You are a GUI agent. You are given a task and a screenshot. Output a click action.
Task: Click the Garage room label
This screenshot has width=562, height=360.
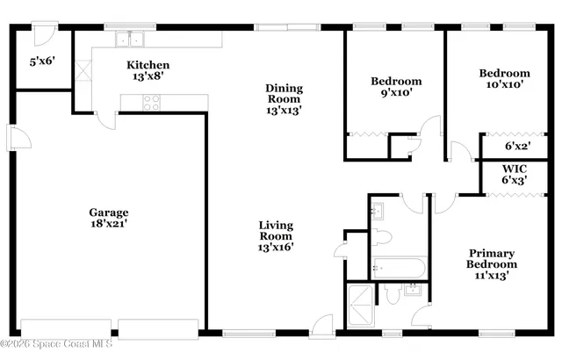tap(109, 212)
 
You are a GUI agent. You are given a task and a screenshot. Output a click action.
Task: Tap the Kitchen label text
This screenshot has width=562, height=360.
tap(148, 65)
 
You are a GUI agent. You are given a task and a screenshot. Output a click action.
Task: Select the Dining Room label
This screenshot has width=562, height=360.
tap(285, 93)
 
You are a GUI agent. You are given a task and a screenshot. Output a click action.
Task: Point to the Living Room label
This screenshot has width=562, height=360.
tap(276, 230)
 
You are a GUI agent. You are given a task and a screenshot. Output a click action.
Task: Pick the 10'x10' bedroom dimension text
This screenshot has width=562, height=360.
tap(504, 84)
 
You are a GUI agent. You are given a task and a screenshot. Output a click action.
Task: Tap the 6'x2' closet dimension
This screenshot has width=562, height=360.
tap(519, 147)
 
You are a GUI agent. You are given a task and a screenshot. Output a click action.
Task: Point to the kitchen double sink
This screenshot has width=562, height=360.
tap(134, 39)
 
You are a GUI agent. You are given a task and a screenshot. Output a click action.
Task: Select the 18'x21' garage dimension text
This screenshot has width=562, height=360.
tap(109, 224)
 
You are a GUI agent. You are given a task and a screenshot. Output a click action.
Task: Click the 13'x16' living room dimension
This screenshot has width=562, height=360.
tap(276, 248)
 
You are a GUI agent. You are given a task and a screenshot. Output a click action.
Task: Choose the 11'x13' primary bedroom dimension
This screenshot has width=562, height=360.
tap(491, 275)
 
